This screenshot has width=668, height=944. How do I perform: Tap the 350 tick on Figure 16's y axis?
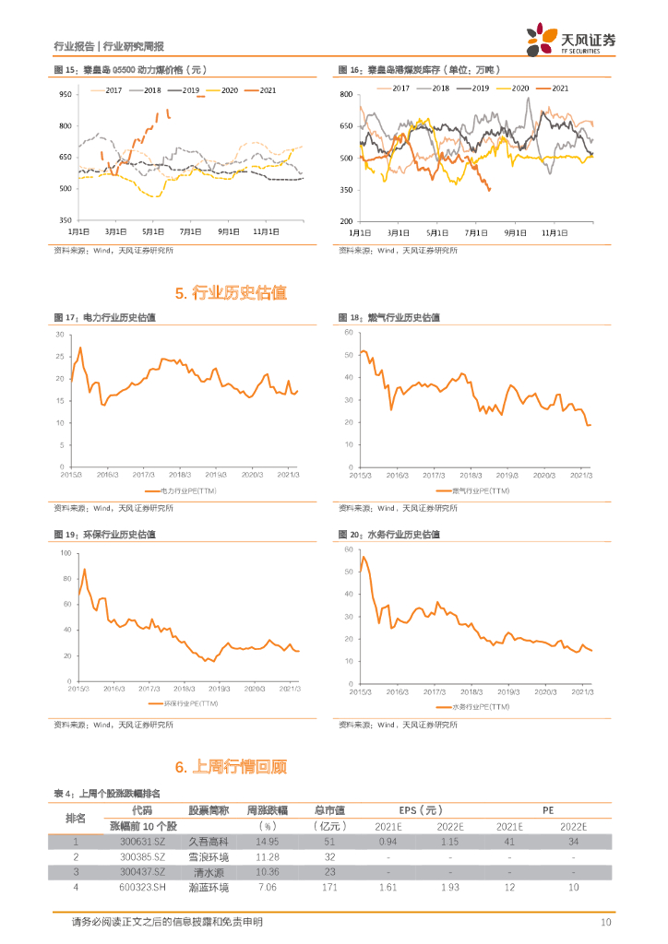(347, 190)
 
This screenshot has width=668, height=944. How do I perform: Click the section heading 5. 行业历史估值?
(231, 293)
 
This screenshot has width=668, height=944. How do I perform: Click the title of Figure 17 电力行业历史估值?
(104, 318)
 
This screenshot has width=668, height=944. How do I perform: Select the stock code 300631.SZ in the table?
(142, 842)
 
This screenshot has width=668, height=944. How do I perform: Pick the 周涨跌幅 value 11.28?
(263, 856)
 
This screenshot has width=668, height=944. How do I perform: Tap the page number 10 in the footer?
(606, 922)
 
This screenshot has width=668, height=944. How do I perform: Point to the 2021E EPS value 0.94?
(388, 842)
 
